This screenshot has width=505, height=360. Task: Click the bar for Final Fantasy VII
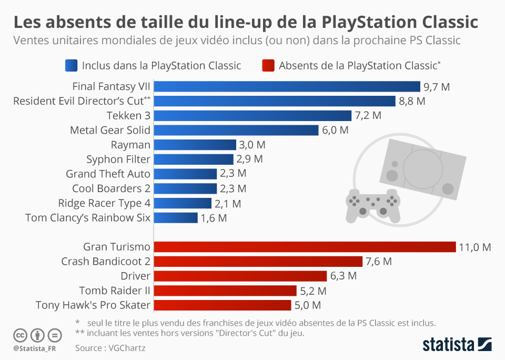(x=287, y=86)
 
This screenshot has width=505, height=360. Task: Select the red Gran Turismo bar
(x=305, y=247)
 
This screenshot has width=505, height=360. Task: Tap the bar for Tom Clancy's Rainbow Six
(x=176, y=218)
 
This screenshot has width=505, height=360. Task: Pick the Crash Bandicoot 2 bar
(x=258, y=262)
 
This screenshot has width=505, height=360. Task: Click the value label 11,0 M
(x=475, y=247)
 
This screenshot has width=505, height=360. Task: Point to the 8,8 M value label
(x=412, y=101)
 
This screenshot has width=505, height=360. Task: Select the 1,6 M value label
(x=214, y=218)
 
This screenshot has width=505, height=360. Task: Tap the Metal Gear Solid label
(x=110, y=130)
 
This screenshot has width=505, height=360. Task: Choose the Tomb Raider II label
(x=115, y=291)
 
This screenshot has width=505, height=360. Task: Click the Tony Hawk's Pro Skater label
(x=93, y=305)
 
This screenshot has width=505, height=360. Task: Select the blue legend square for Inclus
(x=71, y=65)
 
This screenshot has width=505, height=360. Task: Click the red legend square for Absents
(x=268, y=65)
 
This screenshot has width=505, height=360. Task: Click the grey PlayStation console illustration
(x=427, y=168)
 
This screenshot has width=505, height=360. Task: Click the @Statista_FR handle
(x=34, y=348)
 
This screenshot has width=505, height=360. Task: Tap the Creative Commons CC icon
(x=20, y=335)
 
